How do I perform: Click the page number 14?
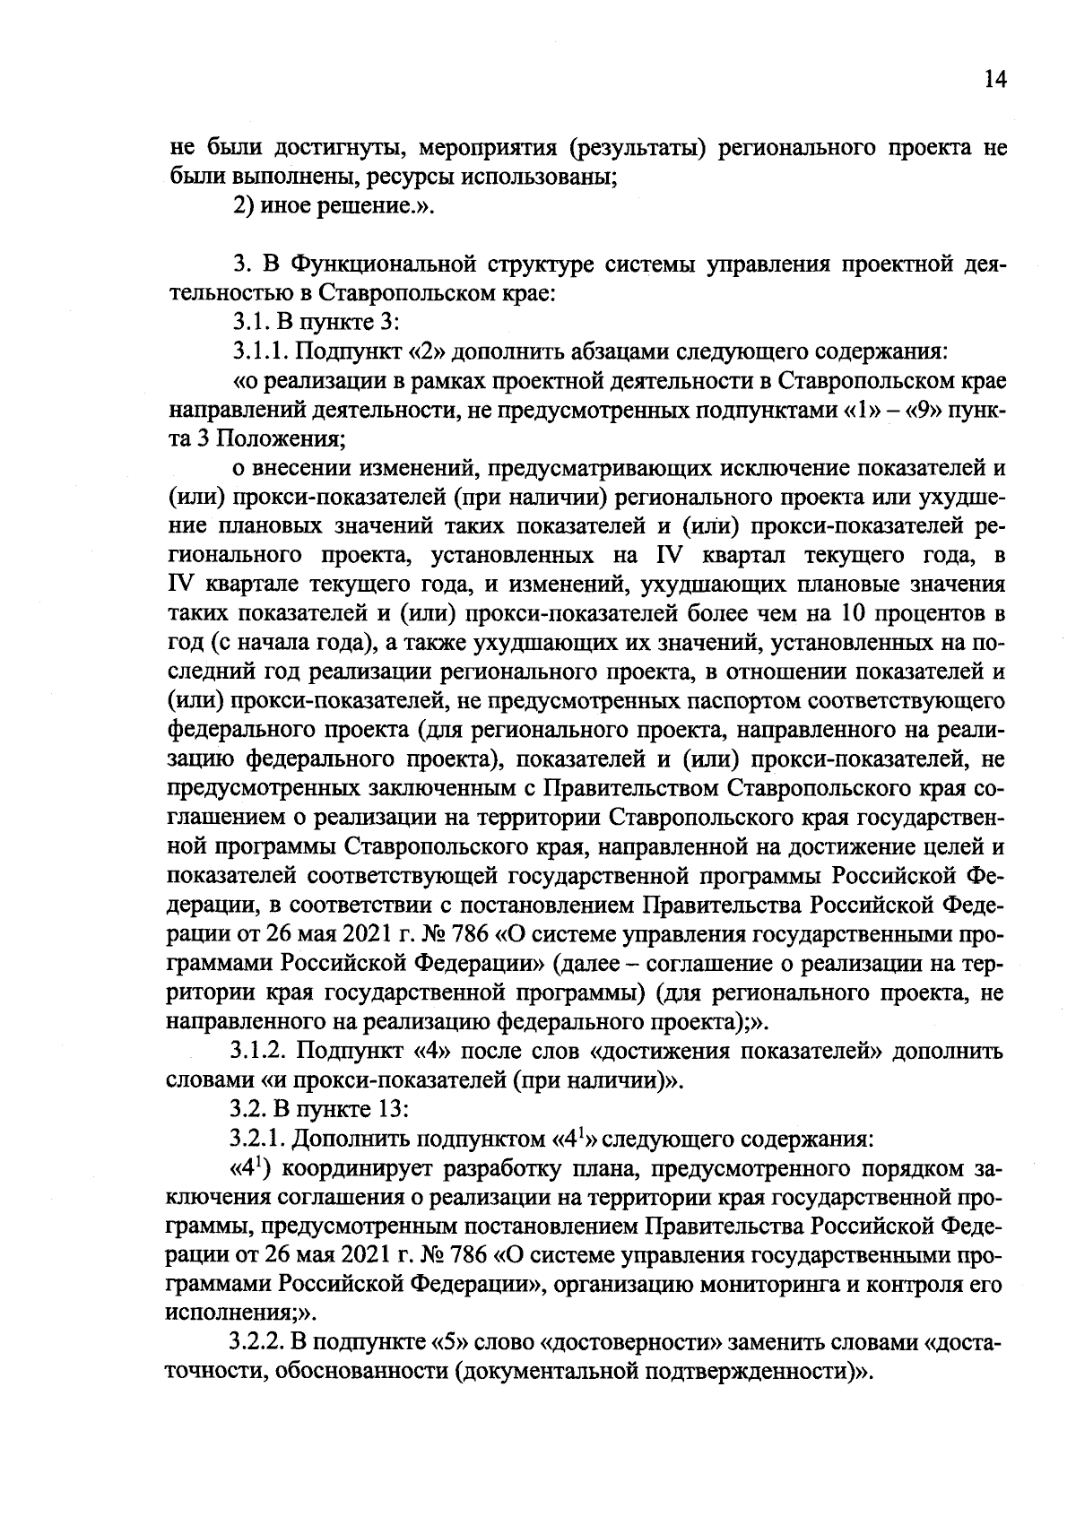point(996,80)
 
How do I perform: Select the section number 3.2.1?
point(261,1139)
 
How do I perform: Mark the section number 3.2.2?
point(261,1343)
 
